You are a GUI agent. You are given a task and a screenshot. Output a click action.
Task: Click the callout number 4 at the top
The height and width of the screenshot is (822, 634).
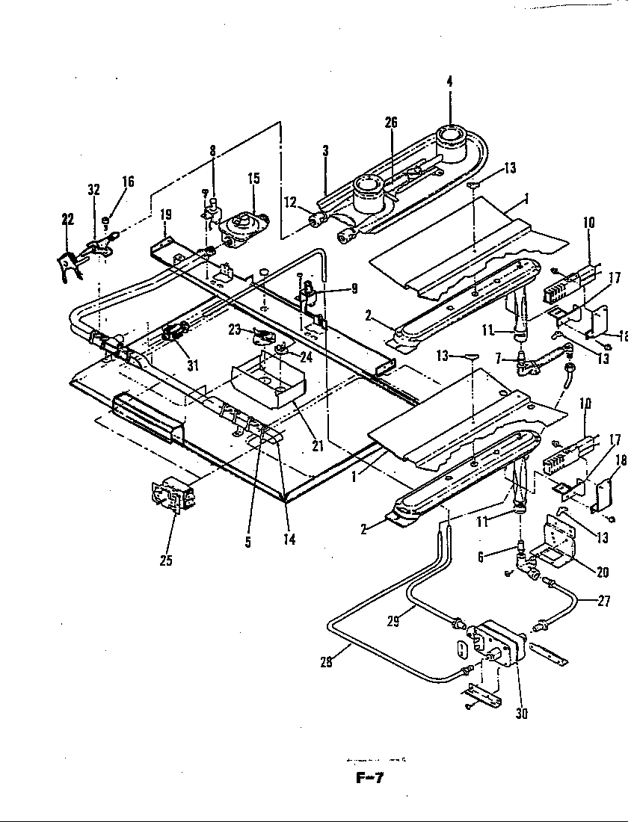pyautogui.click(x=450, y=81)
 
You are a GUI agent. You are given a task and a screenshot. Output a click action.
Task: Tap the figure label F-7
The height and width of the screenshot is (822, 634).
pyautogui.click(x=369, y=777)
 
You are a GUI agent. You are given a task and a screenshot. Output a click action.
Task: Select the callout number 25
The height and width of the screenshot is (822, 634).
pyautogui.click(x=166, y=560)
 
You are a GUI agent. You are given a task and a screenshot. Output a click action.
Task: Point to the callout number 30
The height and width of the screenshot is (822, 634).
pyautogui.click(x=521, y=713)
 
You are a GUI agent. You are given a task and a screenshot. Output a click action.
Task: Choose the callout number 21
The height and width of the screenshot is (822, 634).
pyautogui.click(x=317, y=446)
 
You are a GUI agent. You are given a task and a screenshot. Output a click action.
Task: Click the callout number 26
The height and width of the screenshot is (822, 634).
pyautogui.click(x=391, y=123)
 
